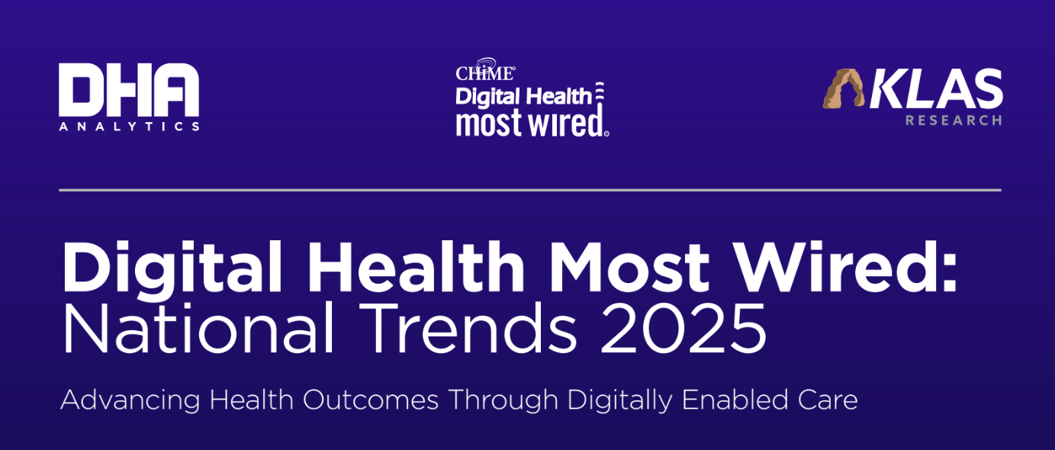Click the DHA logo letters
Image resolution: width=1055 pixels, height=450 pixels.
click(x=128, y=90)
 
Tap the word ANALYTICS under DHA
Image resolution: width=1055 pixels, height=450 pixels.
click(x=128, y=126)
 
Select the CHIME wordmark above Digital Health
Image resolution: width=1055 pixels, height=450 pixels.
click(x=485, y=72)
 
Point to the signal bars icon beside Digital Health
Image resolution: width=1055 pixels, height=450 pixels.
click(x=600, y=93)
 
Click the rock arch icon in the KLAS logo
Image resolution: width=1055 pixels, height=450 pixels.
click(x=844, y=88)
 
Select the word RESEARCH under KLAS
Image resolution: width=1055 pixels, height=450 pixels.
click(x=954, y=121)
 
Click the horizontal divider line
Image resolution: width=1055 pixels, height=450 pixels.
click(x=529, y=189)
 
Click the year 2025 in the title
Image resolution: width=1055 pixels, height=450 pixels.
click(x=683, y=329)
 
